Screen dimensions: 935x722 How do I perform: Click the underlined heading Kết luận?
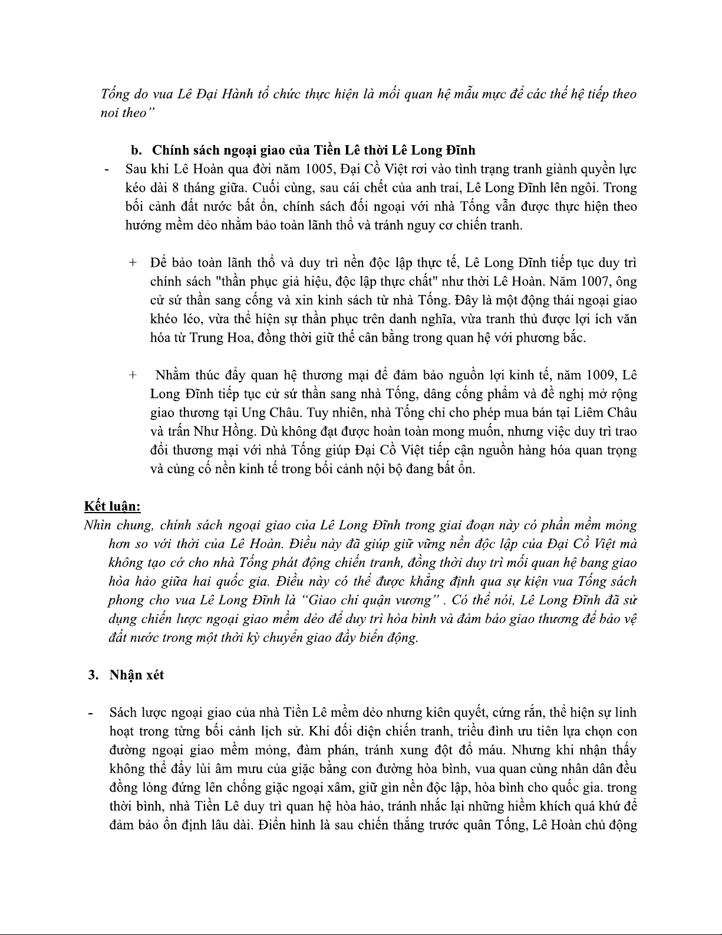112,506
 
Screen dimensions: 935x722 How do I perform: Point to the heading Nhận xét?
137,675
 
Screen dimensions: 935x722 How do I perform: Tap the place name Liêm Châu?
609,412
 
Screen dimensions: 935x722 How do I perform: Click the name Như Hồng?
203,431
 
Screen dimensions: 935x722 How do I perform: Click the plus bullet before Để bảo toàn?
133,263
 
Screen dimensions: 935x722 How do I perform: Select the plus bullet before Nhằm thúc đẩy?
133,375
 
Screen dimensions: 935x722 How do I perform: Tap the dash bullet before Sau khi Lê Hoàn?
106,170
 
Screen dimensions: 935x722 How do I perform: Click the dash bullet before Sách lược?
90,713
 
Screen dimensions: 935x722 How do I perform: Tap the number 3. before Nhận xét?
92,675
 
